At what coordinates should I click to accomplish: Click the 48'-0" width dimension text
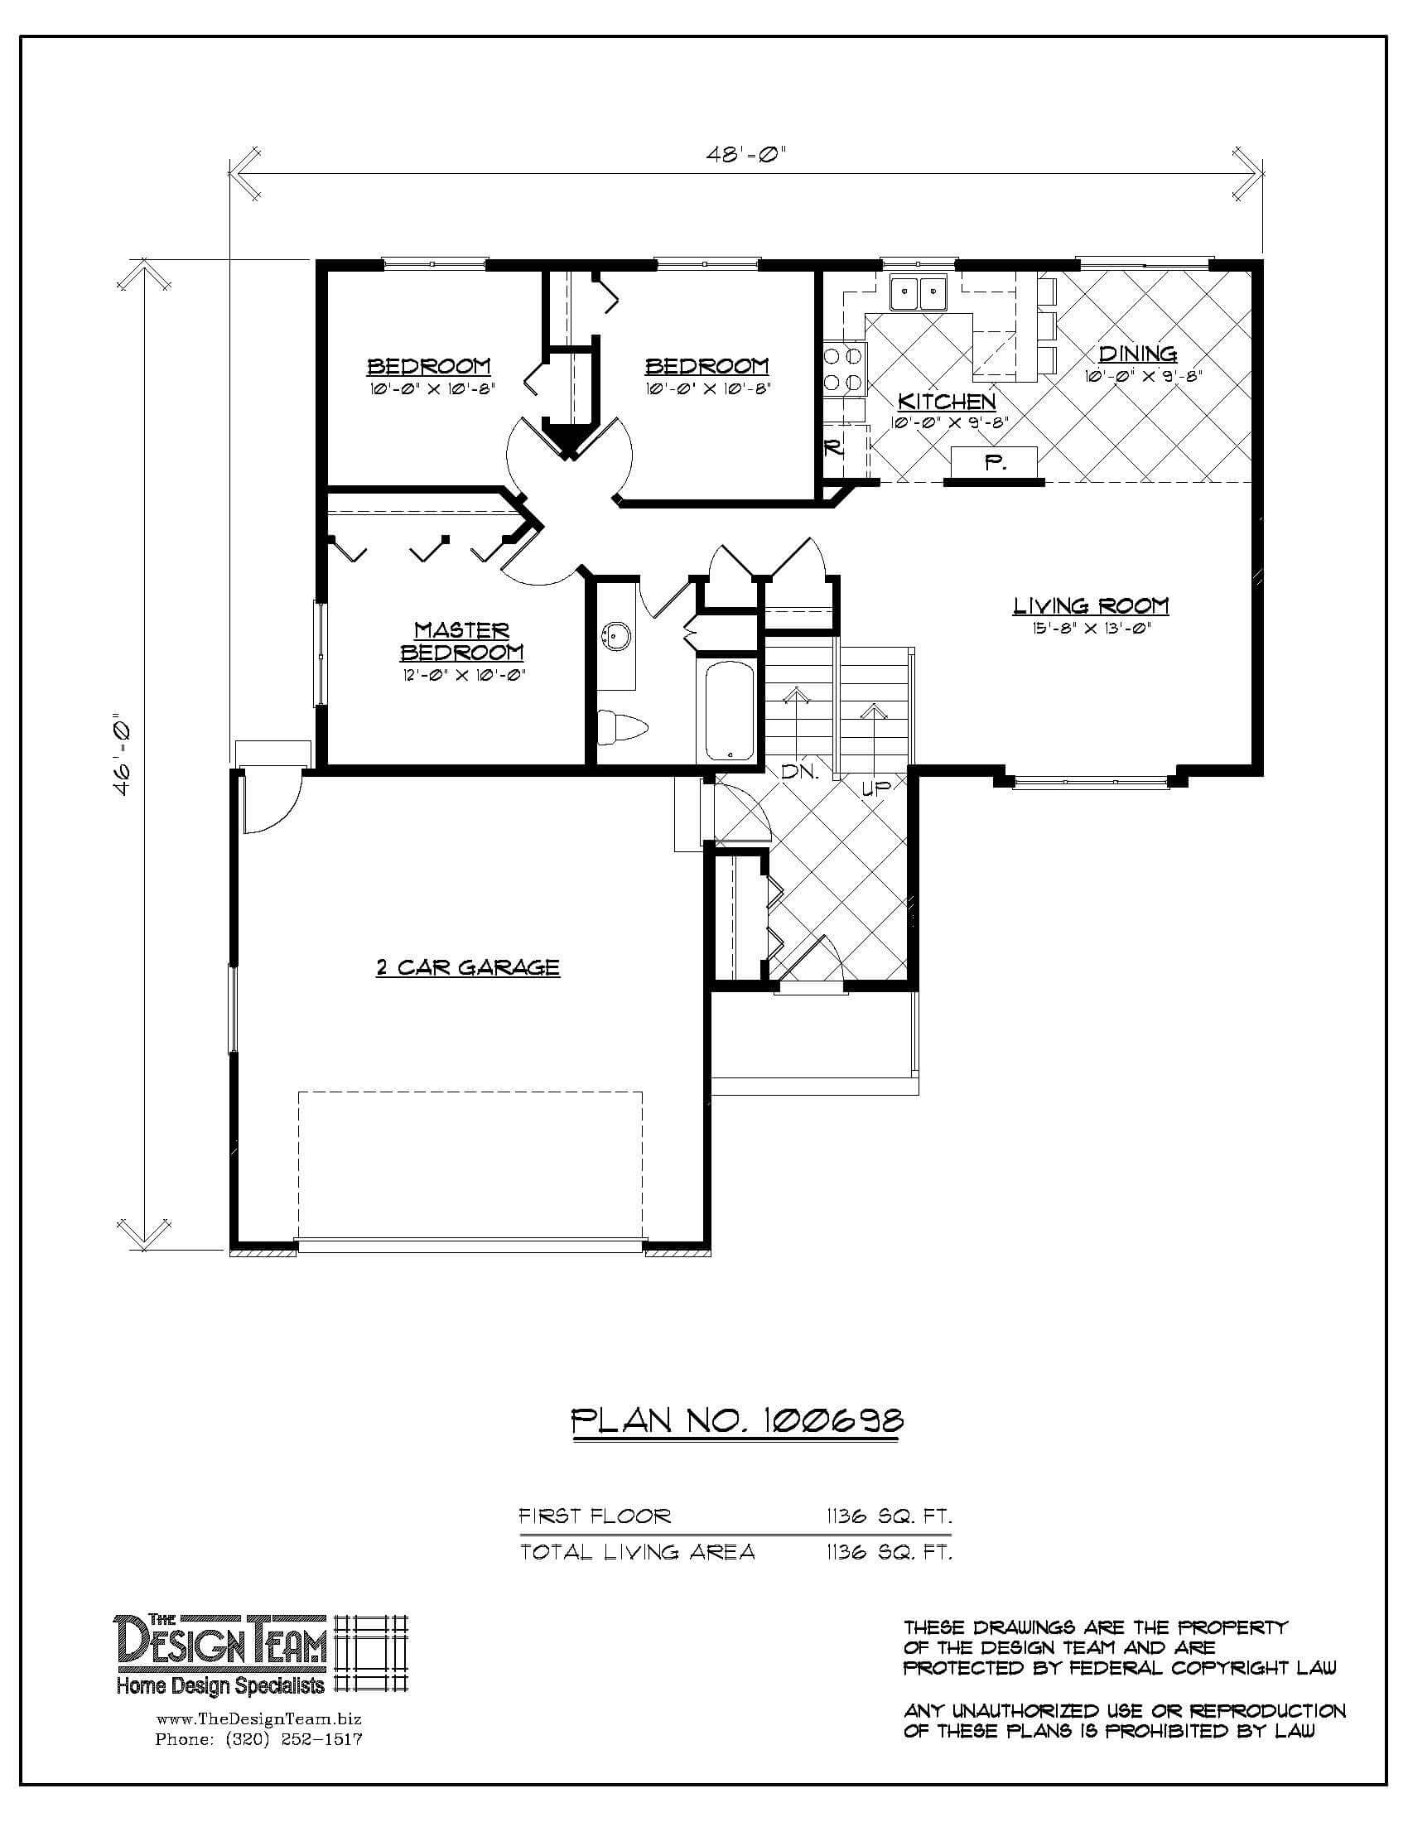click(747, 154)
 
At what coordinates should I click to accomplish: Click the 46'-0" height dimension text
click(122, 754)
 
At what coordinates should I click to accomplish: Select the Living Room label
click(1091, 605)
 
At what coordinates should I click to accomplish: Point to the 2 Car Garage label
click(467, 967)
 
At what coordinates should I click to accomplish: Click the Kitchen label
click(947, 402)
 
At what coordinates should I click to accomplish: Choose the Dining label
click(1137, 354)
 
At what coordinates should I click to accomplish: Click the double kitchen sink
click(918, 293)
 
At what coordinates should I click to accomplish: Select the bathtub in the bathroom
click(729, 711)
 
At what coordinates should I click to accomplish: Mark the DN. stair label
click(800, 772)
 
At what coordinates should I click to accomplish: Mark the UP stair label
click(875, 787)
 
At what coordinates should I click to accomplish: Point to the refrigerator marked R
click(833, 449)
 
